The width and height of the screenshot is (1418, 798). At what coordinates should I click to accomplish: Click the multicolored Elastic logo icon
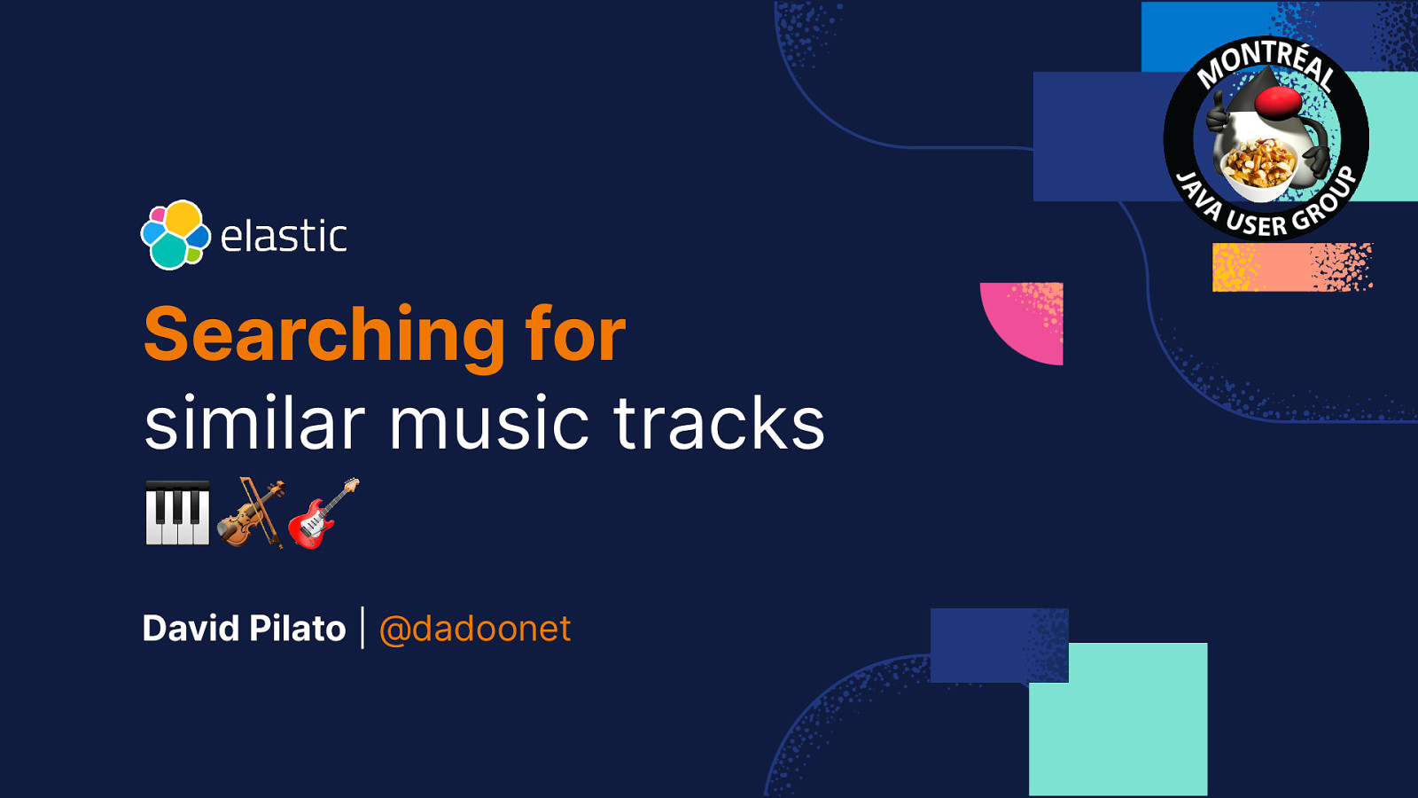point(175,235)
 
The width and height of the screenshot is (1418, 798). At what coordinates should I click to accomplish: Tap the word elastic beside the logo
point(284,237)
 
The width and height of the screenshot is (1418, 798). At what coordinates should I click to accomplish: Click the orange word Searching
point(325,334)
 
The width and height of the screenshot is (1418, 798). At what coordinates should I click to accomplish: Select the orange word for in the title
point(575,334)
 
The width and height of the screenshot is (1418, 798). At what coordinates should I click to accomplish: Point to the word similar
point(254,423)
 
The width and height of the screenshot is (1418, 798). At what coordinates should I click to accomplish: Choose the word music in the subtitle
point(488,423)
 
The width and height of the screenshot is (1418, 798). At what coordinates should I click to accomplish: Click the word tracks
point(719,423)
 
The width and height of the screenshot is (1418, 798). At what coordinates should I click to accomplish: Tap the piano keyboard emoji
point(177,512)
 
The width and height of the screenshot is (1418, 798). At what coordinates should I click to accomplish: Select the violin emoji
point(251,512)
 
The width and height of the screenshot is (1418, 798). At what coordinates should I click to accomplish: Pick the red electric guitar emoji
point(323,513)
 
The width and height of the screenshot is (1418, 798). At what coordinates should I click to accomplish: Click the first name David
point(191,629)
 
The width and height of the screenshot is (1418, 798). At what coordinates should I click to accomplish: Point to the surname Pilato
point(297,629)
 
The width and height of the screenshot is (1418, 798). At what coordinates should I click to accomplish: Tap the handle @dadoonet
point(475,629)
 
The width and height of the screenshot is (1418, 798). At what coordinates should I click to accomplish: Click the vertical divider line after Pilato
point(362,628)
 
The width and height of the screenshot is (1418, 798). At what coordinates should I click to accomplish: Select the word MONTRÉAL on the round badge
point(1266,62)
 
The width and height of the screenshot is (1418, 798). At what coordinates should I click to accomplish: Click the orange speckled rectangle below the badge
point(1292,267)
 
